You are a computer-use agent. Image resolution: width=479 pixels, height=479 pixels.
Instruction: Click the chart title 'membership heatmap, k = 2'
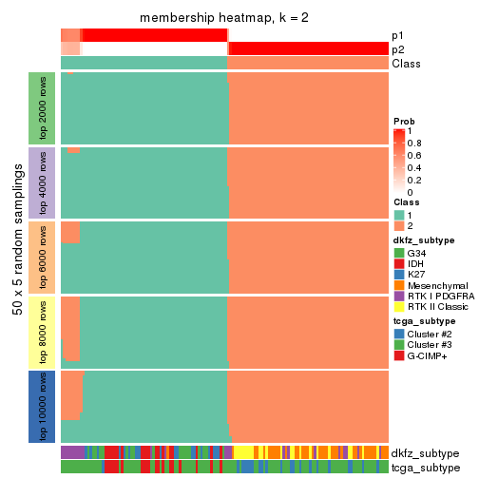click(x=224, y=19)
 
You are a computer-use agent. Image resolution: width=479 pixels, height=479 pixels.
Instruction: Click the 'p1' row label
click(x=397, y=35)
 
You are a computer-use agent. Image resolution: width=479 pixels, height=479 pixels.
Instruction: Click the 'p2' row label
click(x=397, y=49)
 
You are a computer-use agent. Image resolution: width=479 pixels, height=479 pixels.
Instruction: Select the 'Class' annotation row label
click(x=405, y=64)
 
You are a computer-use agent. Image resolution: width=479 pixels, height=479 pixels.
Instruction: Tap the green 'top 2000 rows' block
click(x=42, y=108)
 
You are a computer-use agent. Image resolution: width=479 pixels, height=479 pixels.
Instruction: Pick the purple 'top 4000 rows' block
click(x=42, y=182)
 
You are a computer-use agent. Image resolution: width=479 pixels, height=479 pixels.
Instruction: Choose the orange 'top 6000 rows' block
click(x=42, y=257)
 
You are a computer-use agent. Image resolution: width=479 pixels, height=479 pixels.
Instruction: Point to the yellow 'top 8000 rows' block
click(x=42, y=331)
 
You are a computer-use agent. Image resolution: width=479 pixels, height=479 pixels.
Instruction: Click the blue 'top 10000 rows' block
click(x=42, y=406)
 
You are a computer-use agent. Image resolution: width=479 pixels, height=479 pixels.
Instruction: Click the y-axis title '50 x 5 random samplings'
click(x=16, y=257)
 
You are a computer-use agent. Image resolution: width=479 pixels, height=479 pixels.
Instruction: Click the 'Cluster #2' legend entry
click(x=431, y=335)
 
